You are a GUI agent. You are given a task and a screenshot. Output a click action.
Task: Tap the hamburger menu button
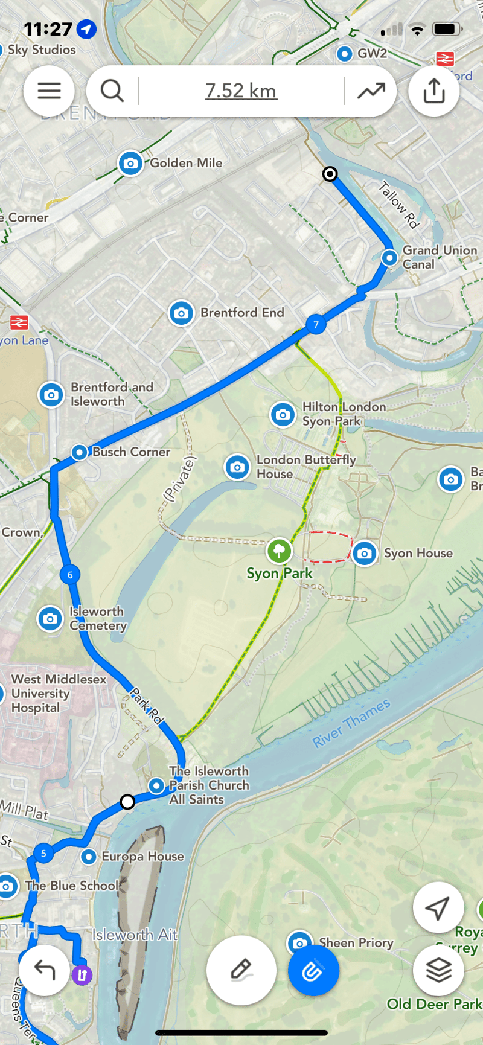pos(49,91)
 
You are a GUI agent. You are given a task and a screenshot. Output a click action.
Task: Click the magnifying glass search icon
pos(112,91)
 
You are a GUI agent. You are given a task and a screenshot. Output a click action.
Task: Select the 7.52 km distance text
pos(241,91)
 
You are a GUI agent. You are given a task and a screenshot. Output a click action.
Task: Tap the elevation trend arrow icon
pos(371,91)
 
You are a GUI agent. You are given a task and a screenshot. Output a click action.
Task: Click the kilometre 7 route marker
pos(316,324)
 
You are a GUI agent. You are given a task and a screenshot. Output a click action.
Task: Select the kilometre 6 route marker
pos(70,575)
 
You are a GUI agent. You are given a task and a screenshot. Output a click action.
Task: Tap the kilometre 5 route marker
pos(43,853)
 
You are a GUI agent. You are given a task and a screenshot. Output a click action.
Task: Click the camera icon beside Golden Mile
pos(130,163)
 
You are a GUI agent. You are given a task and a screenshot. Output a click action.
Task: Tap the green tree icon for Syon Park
pos(279,550)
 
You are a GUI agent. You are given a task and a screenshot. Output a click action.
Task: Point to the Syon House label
pos(418,553)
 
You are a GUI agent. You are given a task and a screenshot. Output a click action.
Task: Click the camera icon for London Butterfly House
pos(237,467)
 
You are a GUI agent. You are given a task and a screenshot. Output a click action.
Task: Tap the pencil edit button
pos(241,970)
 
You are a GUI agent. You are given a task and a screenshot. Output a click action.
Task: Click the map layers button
pos(438,970)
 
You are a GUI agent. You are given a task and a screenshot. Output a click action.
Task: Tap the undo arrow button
pos(44,970)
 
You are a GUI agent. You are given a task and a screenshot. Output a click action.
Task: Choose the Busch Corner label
pos(131,452)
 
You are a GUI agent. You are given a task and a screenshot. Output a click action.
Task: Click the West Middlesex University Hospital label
pos(59,693)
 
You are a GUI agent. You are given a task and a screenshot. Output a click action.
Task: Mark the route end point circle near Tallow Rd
pos(330,174)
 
